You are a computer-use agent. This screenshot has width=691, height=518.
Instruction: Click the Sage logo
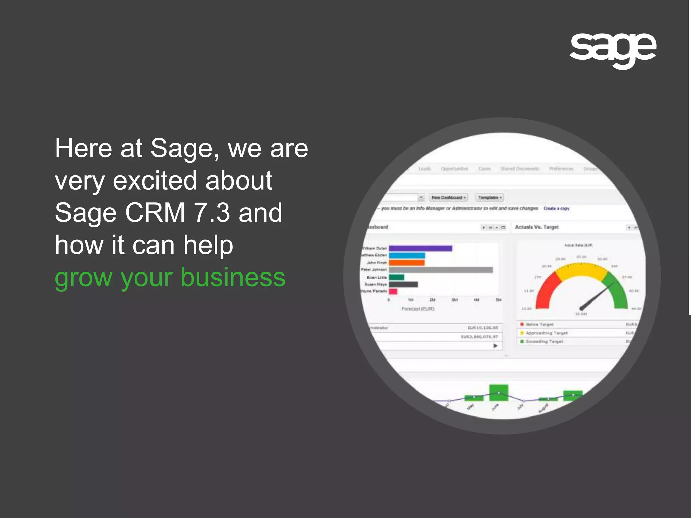pos(612,50)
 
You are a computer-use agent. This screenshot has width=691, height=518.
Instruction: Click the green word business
pos(233,277)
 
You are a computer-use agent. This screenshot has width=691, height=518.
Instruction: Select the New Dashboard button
pos(448,197)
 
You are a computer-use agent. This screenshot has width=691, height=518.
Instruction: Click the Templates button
pos(490,197)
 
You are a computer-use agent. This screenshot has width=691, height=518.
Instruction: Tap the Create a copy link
pos(556,209)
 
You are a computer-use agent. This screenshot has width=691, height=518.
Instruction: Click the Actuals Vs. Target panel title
pos(536,227)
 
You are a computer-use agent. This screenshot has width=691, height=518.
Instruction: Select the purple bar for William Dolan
pos(420,248)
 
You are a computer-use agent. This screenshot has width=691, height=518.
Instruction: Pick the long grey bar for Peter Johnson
pos(440,270)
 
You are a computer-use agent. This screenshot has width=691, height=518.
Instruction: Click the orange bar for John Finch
pos(407,263)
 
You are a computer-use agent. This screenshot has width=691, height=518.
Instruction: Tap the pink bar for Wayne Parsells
pos(393,291)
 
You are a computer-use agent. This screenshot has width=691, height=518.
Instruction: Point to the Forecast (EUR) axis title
pos(418,309)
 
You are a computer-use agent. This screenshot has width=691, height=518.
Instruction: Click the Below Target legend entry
pos(539,324)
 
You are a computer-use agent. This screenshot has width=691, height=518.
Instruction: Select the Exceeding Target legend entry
pos(544,342)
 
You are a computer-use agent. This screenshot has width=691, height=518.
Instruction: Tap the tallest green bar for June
pos(499,393)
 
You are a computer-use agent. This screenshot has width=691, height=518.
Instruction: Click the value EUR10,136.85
pos(482,328)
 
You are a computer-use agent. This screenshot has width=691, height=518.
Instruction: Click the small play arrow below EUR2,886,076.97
pos(495,346)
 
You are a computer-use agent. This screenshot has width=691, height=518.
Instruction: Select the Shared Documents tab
pos(520,169)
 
